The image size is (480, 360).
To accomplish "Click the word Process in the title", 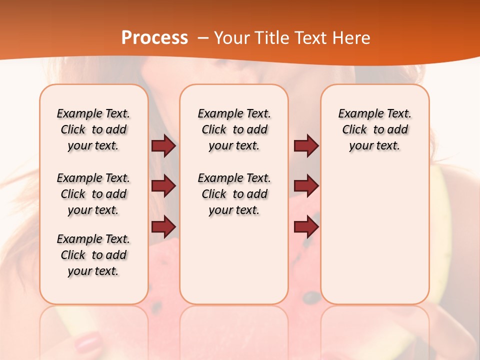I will point(154,38).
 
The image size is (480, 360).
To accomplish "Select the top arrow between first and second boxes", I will point(163,146).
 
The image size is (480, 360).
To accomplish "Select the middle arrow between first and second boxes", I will point(163,186).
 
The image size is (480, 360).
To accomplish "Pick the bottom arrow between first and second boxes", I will point(163,226).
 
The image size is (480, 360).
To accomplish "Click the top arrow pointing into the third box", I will point(306,146).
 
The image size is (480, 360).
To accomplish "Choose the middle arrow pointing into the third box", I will point(306,186).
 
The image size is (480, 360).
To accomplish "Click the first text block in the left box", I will point(93,129).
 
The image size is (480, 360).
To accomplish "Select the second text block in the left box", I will point(93,194).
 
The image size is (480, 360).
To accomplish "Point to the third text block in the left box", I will point(93,255).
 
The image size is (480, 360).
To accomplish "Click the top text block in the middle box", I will point(234,129).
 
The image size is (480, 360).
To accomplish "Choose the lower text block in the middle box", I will point(234,194).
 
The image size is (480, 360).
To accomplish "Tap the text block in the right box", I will point(374,129).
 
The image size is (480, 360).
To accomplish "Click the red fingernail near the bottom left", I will point(88,343).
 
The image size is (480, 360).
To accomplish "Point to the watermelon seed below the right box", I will point(312,297).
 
